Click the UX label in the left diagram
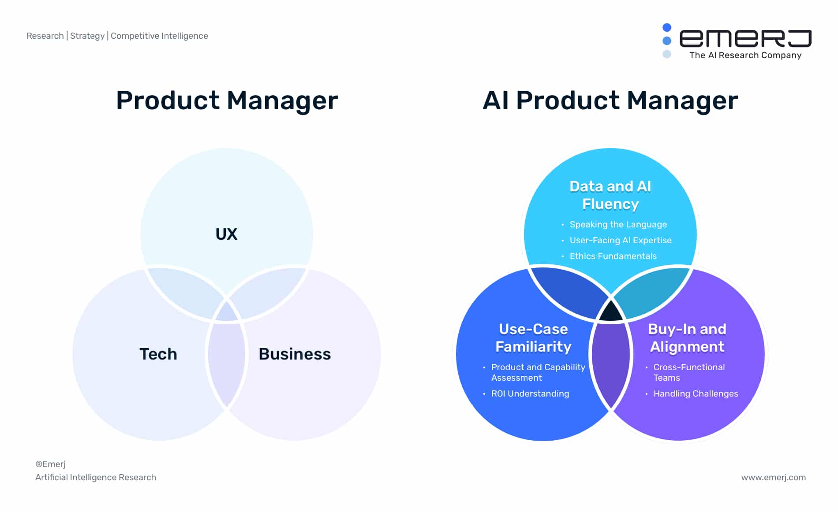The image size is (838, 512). click(x=226, y=234)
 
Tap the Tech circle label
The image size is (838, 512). click(x=158, y=354)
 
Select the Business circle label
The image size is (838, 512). click(x=295, y=354)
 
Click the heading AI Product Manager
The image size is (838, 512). click(x=610, y=100)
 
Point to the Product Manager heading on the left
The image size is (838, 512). click(x=227, y=100)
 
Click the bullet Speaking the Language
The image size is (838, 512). click(x=618, y=224)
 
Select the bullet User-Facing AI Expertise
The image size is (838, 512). click(x=621, y=240)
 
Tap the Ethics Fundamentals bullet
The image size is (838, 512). click(x=613, y=256)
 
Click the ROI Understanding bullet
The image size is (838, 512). click(x=530, y=393)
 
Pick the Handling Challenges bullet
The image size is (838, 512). click(x=696, y=393)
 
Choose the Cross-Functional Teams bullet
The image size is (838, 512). click(x=689, y=372)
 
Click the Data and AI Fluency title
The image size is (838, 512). click(x=610, y=195)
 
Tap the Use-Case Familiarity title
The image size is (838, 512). click(x=533, y=338)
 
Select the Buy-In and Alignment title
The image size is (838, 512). click(x=687, y=338)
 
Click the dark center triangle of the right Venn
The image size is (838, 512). click(x=611, y=312)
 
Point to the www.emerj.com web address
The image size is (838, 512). click(x=774, y=477)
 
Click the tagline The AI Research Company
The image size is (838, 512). click(x=745, y=55)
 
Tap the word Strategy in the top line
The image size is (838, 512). click(x=87, y=36)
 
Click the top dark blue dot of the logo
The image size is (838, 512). click(x=667, y=27)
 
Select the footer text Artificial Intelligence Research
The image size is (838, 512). click(x=96, y=477)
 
